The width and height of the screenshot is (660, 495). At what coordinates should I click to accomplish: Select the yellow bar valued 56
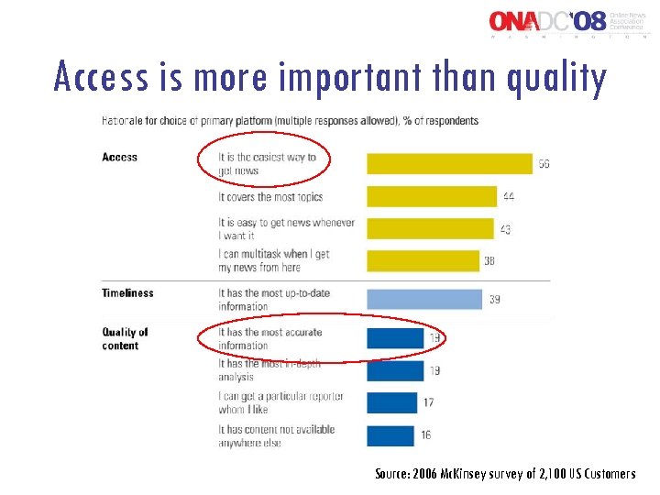click(449, 163)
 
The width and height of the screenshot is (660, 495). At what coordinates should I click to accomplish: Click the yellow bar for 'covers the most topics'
click(432, 197)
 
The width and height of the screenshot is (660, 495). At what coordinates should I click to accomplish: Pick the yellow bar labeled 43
click(430, 229)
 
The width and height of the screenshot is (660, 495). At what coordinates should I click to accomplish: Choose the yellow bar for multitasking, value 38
click(423, 261)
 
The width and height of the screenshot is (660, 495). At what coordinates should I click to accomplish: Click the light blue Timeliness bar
click(423, 300)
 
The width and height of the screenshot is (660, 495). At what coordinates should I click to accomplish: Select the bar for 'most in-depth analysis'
click(395, 370)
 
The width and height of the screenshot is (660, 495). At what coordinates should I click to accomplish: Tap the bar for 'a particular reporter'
click(392, 402)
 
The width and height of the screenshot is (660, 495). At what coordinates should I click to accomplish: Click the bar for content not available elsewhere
click(391, 435)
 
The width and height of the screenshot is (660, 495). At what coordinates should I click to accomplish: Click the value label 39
click(494, 300)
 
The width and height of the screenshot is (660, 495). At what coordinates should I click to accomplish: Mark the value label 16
click(426, 435)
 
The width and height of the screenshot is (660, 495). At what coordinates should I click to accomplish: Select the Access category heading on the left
click(120, 158)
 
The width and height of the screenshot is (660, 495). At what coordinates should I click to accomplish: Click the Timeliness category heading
click(127, 293)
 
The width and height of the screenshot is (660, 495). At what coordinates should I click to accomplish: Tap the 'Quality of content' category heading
click(126, 339)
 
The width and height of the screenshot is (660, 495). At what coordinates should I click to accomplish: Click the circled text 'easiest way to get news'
click(266, 164)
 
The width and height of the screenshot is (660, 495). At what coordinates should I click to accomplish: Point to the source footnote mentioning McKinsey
click(504, 474)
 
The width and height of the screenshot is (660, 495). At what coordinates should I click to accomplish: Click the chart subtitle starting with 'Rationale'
click(289, 121)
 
